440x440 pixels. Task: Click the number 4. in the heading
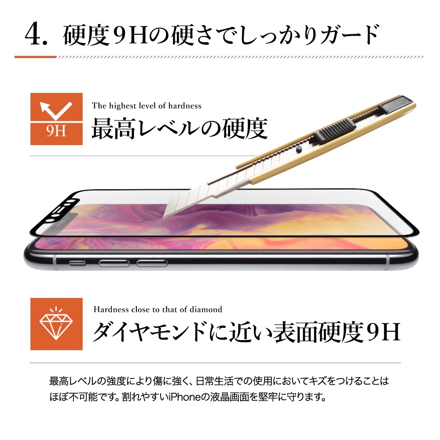point(36,35)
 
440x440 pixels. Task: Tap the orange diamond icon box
point(56,324)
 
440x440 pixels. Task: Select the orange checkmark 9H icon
point(56,119)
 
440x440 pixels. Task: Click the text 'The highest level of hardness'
point(147,106)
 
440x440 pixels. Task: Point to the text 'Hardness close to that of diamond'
point(158,309)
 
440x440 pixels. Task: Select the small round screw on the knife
point(299,149)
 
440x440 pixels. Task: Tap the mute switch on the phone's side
point(77,263)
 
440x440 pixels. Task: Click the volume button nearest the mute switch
point(114,263)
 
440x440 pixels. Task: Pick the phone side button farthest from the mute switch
point(152,263)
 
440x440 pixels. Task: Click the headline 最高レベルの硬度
point(180,128)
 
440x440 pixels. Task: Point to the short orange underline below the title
point(36,57)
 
